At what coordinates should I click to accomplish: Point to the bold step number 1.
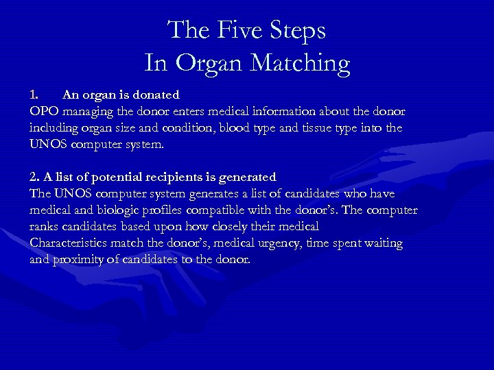pyautogui.click(x=35, y=95)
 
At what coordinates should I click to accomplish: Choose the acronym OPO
pyautogui.click(x=43, y=111)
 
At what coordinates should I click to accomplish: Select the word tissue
pyautogui.click(x=336, y=128)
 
